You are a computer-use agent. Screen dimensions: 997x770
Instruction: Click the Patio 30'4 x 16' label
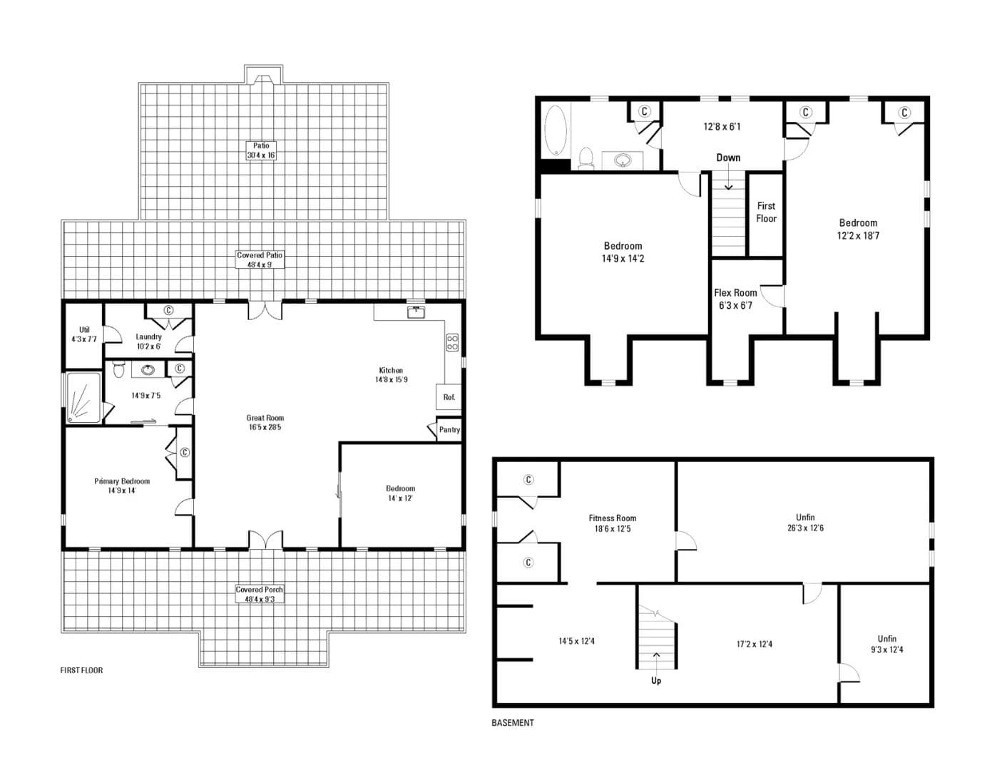pos(261,150)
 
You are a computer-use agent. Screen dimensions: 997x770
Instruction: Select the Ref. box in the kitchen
pos(449,397)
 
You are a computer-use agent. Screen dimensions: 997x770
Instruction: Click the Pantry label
pos(449,430)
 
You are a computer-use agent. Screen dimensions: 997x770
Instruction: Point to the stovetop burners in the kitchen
pos(452,342)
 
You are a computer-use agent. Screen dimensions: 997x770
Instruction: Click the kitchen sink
pos(416,313)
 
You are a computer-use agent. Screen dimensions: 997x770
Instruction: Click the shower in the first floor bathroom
pos(84,397)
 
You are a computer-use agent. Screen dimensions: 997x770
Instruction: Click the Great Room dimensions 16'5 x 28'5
pos(265,427)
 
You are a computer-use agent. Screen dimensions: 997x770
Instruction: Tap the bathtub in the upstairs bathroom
pos(555,130)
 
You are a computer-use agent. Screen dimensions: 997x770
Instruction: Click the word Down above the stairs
pos(728,158)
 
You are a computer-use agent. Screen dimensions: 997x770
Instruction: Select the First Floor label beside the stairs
pos(766,212)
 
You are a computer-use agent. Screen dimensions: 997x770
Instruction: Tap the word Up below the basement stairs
pos(656,681)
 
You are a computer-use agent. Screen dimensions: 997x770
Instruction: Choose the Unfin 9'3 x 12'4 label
pos(887,644)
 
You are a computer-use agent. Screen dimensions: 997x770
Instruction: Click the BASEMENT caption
pos(513,723)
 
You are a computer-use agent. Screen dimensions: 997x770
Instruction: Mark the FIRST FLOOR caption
pos(82,670)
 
